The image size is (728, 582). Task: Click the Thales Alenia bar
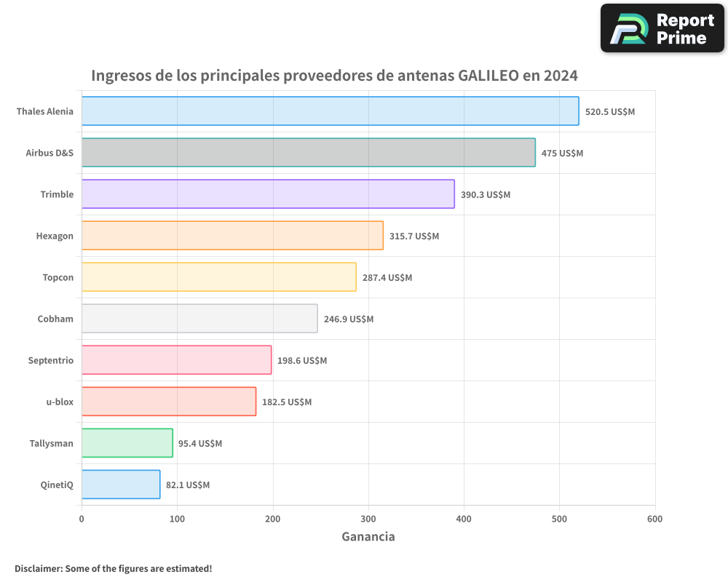pos(330,111)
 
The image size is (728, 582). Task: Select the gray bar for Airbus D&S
pos(308,153)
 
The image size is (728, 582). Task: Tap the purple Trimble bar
pos(268,194)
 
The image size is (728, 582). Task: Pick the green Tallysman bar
pos(127,443)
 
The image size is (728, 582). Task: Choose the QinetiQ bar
pos(121,485)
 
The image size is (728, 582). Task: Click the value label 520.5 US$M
pos(610,112)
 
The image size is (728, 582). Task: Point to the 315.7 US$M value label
pos(414,236)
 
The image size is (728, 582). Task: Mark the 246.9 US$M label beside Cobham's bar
pos(349,319)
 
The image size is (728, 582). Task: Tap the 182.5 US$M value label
pos(287,402)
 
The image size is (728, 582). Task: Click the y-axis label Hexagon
pos(55,236)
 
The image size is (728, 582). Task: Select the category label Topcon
pos(58,278)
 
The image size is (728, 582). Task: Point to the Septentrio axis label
pos(51,361)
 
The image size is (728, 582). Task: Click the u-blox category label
pos(60,402)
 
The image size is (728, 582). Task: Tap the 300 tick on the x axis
pos(368,519)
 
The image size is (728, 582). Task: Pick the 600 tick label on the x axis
pos(654,519)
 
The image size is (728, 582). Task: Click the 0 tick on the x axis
pos(82,519)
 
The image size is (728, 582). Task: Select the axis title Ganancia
pos(368,537)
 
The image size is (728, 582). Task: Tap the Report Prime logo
pos(662,28)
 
